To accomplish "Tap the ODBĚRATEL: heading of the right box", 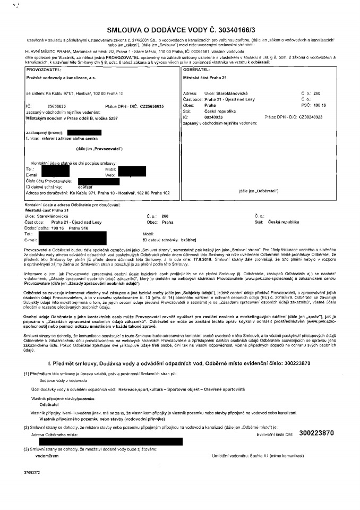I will tap(196, 70).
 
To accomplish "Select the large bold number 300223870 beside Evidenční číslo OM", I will tap(316, 433).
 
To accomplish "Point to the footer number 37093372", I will tap(32, 486).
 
